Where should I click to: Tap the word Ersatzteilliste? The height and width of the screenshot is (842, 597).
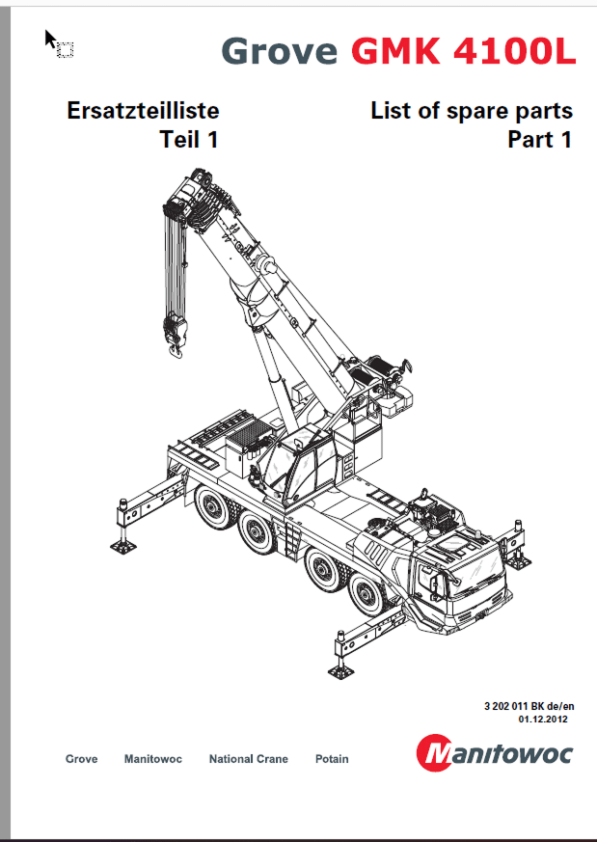pyautogui.click(x=143, y=111)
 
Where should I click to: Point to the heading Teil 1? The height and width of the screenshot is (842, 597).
pyautogui.click(x=189, y=140)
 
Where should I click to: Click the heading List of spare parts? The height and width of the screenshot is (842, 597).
pyautogui.click(x=472, y=111)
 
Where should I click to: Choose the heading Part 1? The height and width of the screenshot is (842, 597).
pyautogui.click(x=540, y=140)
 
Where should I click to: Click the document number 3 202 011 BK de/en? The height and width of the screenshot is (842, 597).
pyautogui.click(x=528, y=707)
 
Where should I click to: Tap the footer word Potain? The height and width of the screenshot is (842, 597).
pyautogui.click(x=332, y=759)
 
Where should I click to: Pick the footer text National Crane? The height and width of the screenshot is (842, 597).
pyautogui.click(x=248, y=759)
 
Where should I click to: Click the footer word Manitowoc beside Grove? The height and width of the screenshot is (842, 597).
pyautogui.click(x=152, y=759)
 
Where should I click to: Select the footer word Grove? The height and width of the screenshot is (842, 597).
pyautogui.click(x=81, y=759)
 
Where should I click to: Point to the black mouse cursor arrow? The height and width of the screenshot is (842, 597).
pyautogui.click(x=50, y=39)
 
